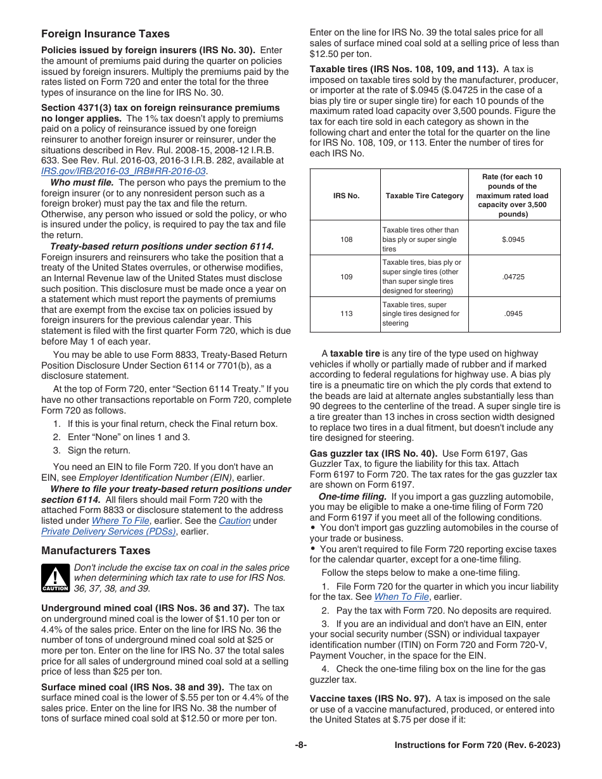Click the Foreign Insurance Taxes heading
click(105, 34)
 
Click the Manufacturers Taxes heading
click(96, 550)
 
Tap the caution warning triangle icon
click(55, 578)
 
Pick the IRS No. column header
click(346, 196)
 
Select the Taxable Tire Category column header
click(425, 196)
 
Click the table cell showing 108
click(346, 239)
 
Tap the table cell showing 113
click(346, 313)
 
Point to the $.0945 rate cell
click(513, 239)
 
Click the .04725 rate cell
click(513, 277)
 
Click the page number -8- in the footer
click(300, 745)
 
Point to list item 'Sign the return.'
click(99, 450)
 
